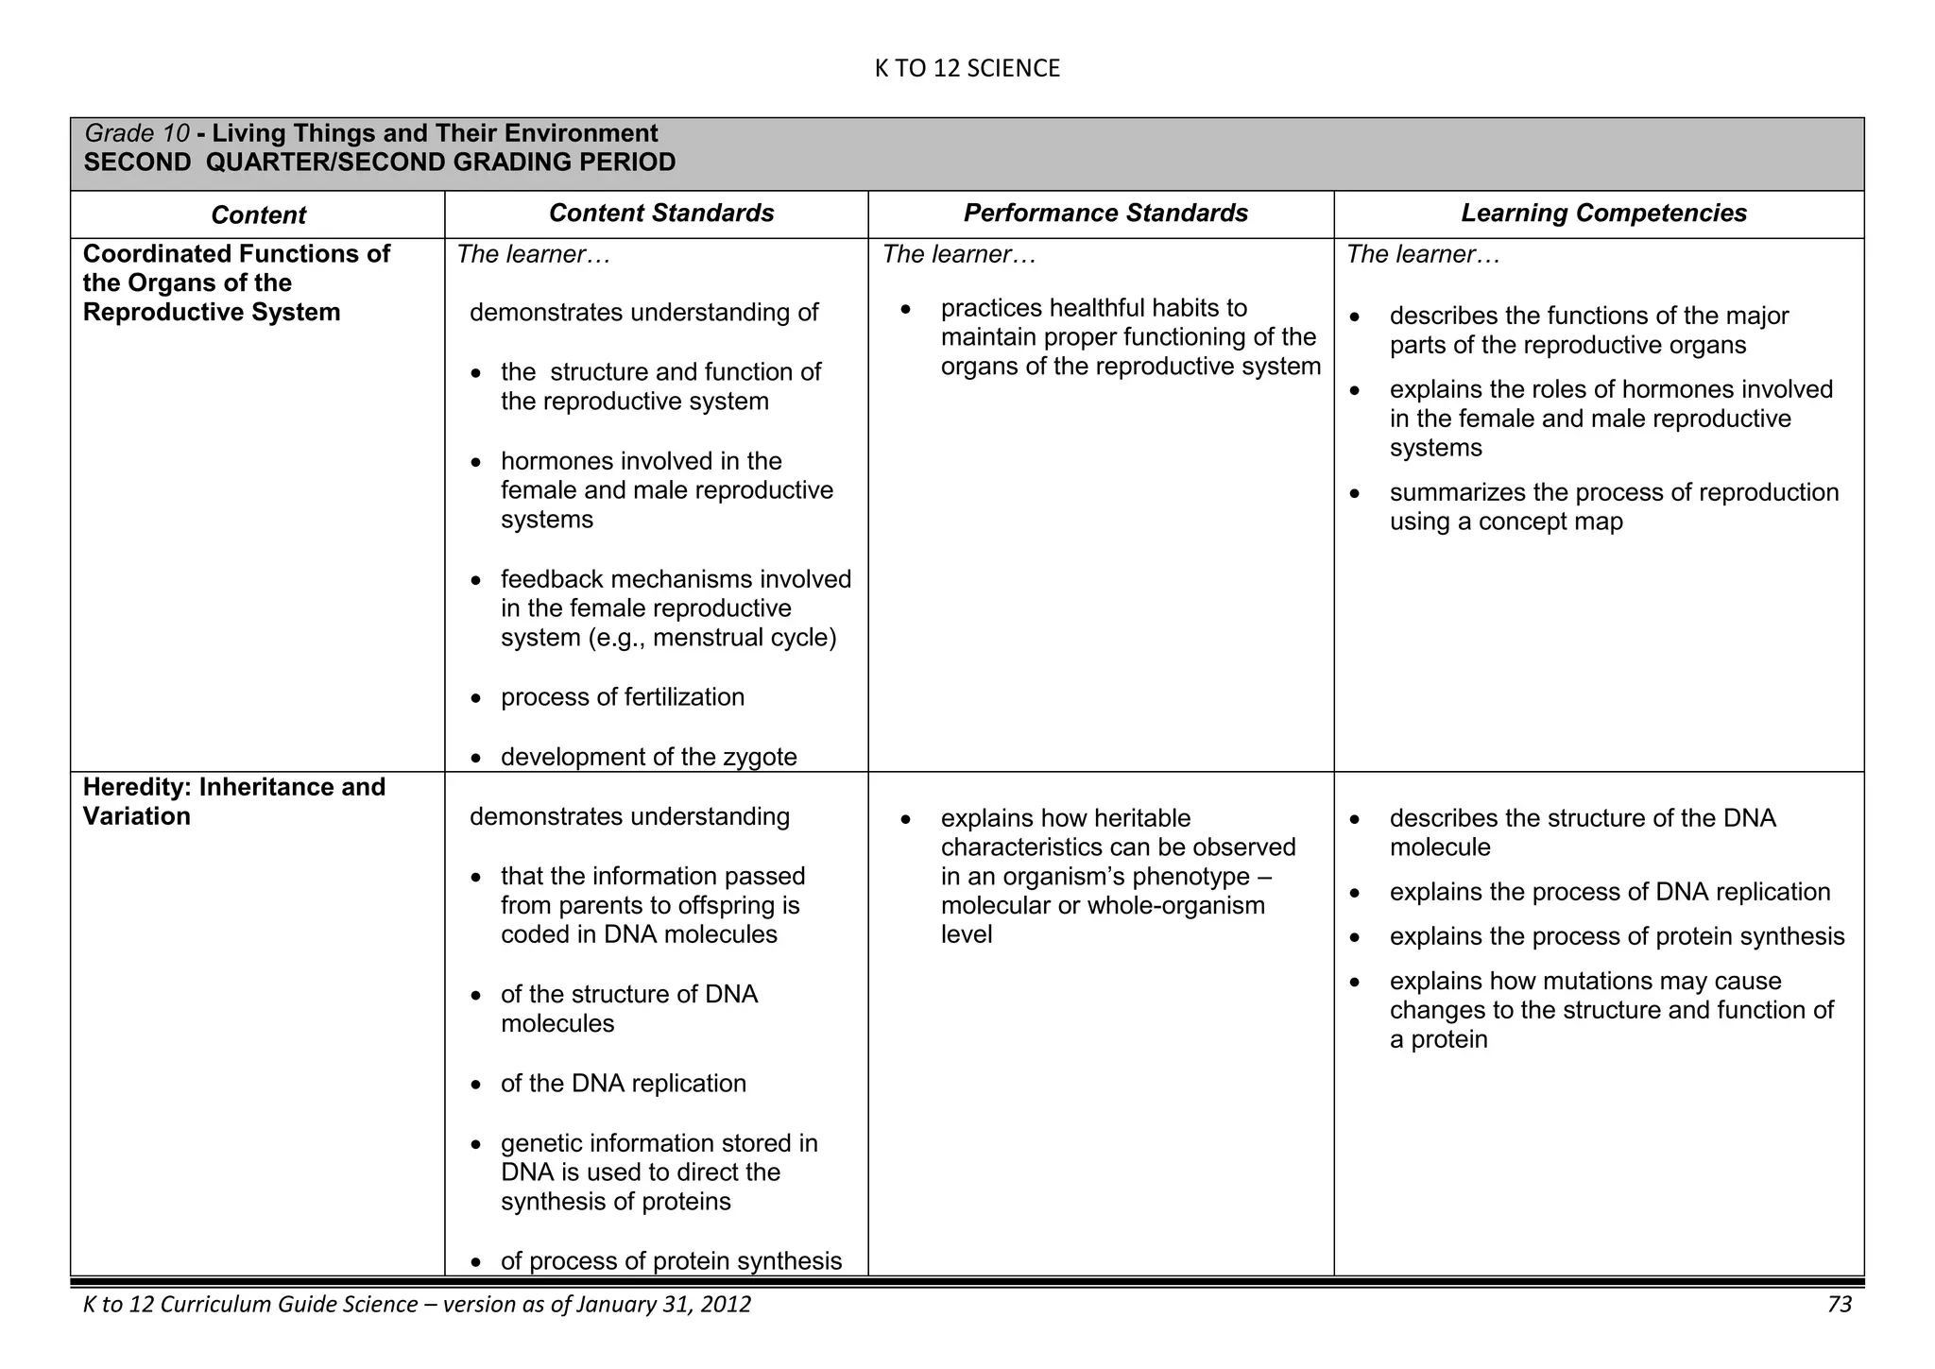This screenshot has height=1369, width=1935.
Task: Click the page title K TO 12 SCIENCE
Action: pos(967,68)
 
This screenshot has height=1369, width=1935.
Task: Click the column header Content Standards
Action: pos(660,214)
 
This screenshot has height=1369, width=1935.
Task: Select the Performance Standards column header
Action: pos(1105,214)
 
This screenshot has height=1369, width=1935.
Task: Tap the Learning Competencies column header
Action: pos(1603,214)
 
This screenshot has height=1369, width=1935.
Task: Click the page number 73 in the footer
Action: pos(1839,1305)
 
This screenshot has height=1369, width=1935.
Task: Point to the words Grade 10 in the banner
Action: pos(137,133)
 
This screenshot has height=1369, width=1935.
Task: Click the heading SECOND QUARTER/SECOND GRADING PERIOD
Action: pos(380,163)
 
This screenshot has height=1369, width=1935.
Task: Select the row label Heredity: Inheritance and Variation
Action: pos(233,801)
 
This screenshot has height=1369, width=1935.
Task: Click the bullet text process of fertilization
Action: pos(623,697)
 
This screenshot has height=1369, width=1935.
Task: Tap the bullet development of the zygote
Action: pos(648,757)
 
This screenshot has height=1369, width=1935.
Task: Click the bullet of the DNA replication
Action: pos(623,1084)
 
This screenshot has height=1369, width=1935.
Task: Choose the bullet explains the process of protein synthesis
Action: pos(1617,936)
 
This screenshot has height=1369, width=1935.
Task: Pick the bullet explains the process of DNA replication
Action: pos(1609,892)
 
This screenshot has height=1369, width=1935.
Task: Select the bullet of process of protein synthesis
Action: pos(671,1261)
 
